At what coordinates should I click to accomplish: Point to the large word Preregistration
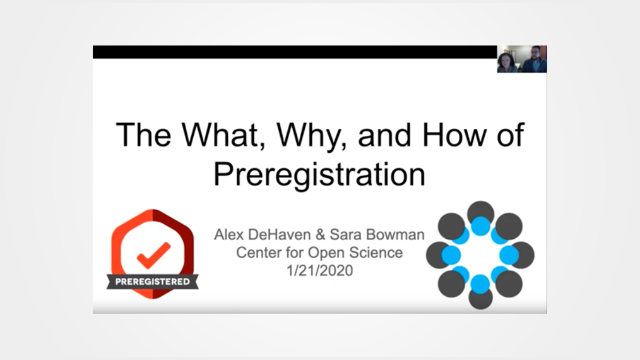[319, 174]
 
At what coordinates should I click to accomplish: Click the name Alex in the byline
[228, 235]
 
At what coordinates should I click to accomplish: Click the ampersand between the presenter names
[321, 235]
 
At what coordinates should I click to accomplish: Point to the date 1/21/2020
[319, 270]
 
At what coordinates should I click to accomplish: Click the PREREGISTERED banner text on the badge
[152, 281]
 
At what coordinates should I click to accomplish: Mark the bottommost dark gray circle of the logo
[480, 297]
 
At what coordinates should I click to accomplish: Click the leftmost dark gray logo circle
[439, 255]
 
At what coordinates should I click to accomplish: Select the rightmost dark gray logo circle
[522, 255]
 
